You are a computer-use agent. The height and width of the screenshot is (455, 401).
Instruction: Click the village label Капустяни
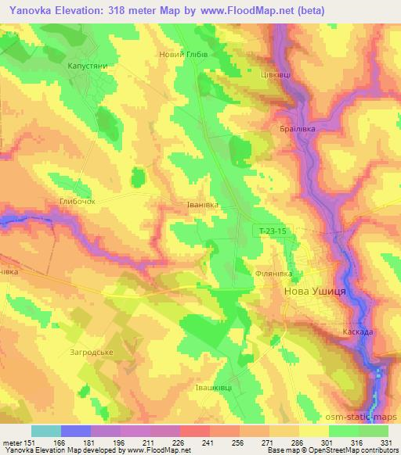87,67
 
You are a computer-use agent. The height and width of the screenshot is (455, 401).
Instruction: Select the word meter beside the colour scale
13,442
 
